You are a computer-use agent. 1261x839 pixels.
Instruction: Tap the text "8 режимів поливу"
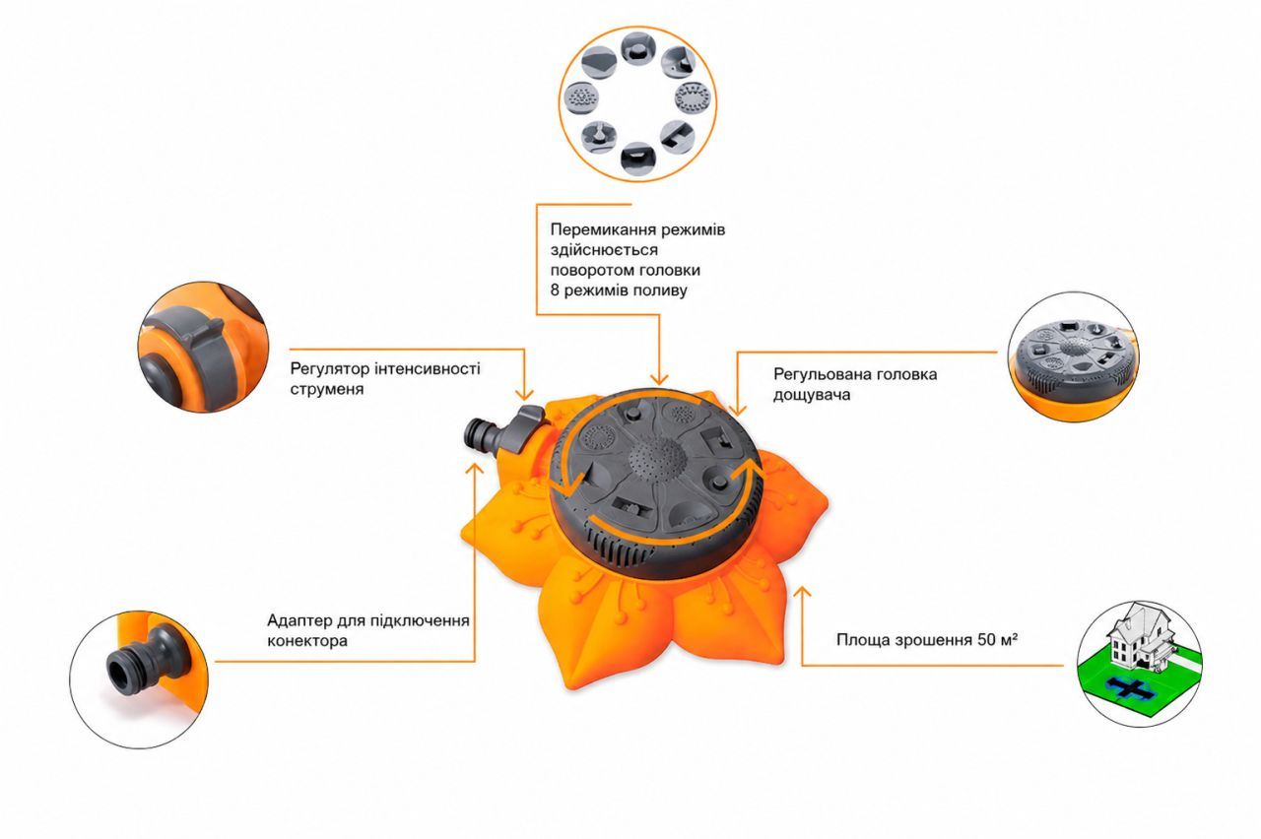(619, 290)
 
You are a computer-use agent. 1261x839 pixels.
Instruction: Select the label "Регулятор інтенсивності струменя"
(385, 379)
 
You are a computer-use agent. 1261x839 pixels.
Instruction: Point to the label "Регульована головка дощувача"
(854, 384)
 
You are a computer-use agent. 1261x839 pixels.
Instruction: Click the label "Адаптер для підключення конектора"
(368, 630)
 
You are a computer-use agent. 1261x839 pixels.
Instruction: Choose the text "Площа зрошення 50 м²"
(926, 640)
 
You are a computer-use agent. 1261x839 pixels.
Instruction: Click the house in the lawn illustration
(1140, 637)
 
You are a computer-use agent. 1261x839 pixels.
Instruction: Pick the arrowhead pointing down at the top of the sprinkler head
(659, 379)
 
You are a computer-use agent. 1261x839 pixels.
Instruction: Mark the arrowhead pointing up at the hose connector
(475, 469)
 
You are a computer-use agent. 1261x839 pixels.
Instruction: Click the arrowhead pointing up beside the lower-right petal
(802, 592)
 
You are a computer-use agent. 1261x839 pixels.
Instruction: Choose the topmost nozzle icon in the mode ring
(637, 49)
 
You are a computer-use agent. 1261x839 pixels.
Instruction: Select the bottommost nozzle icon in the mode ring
(637, 158)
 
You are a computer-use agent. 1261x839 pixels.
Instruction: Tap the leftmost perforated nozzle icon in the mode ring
(581, 99)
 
